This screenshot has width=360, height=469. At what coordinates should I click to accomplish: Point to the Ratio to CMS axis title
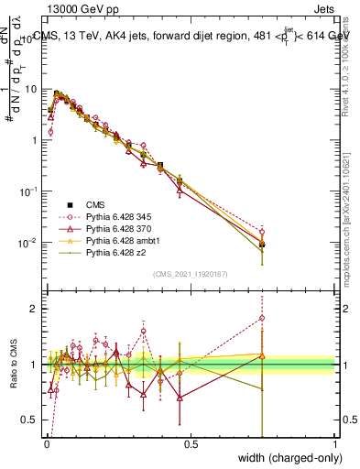pos(16,365)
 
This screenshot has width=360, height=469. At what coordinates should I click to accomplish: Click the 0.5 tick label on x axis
pos(191,444)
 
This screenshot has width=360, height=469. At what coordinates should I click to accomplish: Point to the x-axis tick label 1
pos(335,444)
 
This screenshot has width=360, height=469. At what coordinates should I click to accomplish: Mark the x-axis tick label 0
pos(47,444)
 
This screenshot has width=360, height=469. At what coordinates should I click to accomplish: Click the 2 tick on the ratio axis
pos(34,309)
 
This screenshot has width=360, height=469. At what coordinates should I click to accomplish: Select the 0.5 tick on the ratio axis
pos(30,420)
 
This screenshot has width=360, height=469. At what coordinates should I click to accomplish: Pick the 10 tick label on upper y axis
pos(30,90)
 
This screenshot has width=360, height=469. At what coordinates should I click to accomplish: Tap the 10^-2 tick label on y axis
pos(28,243)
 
